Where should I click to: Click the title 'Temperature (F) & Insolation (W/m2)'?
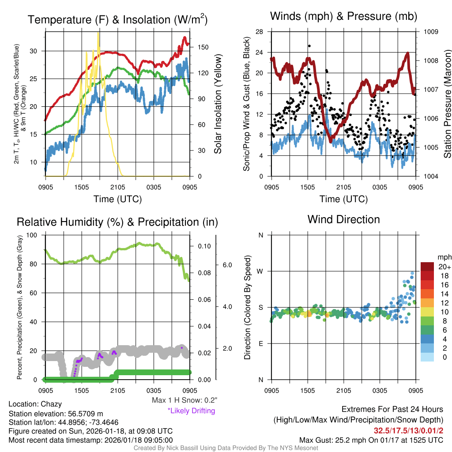[117, 19]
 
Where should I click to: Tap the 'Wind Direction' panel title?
[343, 219]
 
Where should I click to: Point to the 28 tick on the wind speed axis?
[260, 32]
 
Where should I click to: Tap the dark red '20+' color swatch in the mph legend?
[427, 267]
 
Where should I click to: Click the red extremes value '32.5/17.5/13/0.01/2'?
[409, 430]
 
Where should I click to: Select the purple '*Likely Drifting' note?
[191, 411]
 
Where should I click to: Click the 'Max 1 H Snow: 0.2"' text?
[184, 400]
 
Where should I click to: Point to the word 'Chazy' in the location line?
[51, 404]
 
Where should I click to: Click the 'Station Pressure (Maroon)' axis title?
[447, 104]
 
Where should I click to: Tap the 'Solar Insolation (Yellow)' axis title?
[218, 104]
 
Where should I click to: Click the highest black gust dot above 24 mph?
[309, 46]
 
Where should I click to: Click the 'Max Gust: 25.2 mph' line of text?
[371, 440]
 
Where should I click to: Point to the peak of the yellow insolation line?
[98, 34]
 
